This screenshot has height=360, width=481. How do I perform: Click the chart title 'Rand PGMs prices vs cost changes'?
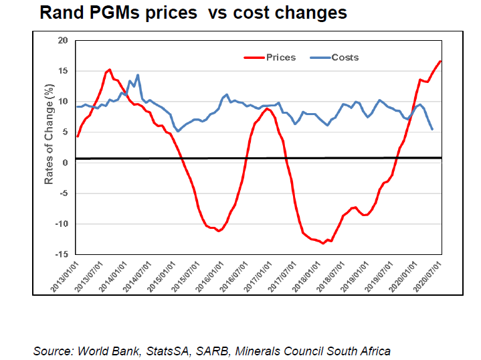(x=193, y=13)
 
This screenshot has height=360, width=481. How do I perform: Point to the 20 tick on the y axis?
(x=64, y=41)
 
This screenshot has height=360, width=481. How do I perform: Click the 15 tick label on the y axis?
(x=64, y=72)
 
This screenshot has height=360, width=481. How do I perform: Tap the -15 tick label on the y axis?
(x=62, y=255)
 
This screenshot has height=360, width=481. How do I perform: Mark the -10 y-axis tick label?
(x=62, y=224)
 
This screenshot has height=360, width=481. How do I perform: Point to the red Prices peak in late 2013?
(x=109, y=69)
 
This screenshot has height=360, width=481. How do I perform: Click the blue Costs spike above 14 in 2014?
(x=138, y=75)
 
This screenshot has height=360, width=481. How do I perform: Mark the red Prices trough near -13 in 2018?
(x=323, y=243)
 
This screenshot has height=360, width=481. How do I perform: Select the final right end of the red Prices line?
(x=441, y=62)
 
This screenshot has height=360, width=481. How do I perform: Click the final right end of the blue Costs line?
(x=432, y=129)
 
